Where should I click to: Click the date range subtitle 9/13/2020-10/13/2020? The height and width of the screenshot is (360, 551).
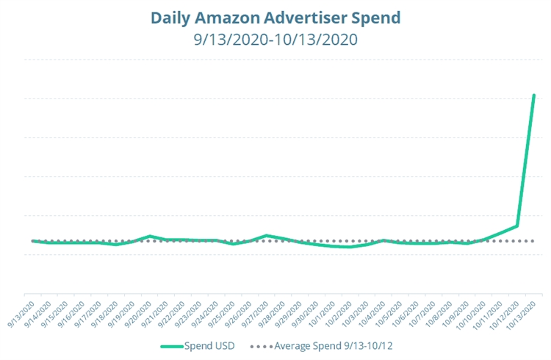click(x=275, y=39)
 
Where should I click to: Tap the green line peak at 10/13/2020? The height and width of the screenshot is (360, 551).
click(x=534, y=96)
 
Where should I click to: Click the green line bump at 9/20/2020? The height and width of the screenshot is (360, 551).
click(x=150, y=236)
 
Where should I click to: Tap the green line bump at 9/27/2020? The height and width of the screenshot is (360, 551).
click(x=267, y=235)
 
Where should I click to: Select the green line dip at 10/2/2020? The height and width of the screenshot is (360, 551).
click(x=350, y=247)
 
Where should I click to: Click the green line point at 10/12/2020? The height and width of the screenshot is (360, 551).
click(x=517, y=226)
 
